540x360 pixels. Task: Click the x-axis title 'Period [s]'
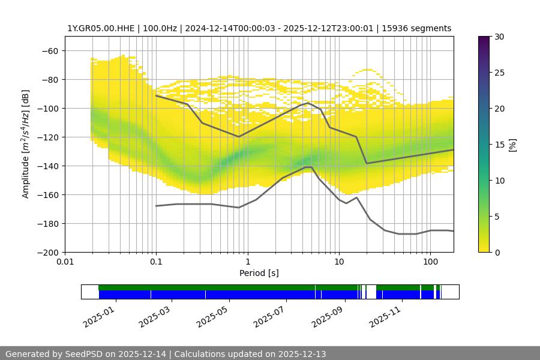coord(259,274)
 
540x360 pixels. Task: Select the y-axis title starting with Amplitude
coord(26,144)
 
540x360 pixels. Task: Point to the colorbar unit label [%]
coord(512,145)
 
